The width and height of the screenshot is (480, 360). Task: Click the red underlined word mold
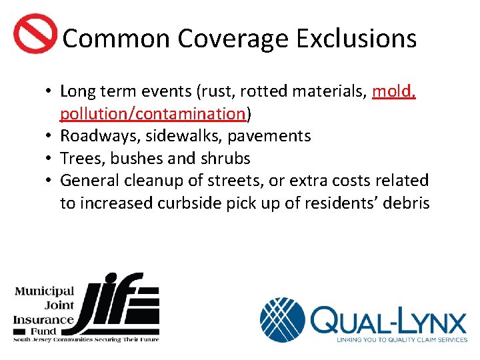point(394,91)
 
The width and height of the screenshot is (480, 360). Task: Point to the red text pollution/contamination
point(153,114)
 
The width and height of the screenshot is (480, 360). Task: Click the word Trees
point(79,159)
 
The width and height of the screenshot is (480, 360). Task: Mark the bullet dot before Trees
point(50,159)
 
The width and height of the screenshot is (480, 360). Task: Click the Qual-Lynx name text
point(388,322)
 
